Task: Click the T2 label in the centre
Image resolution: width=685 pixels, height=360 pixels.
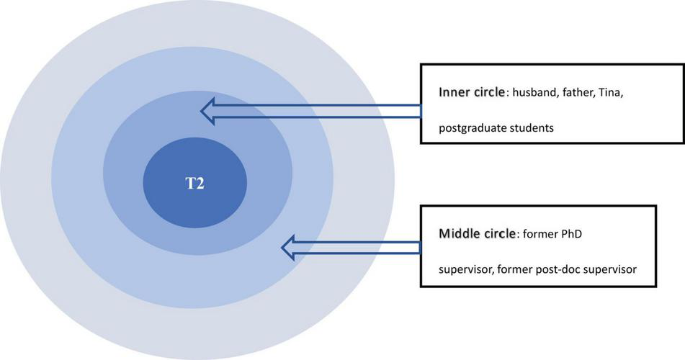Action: pyautogui.click(x=194, y=184)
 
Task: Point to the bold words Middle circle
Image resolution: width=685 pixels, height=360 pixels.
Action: pyautogui.click(x=475, y=235)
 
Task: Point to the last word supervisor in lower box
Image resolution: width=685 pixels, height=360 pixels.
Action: pyautogui.click(x=614, y=270)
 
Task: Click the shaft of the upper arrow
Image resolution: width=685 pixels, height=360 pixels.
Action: pyautogui.click(x=324, y=111)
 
